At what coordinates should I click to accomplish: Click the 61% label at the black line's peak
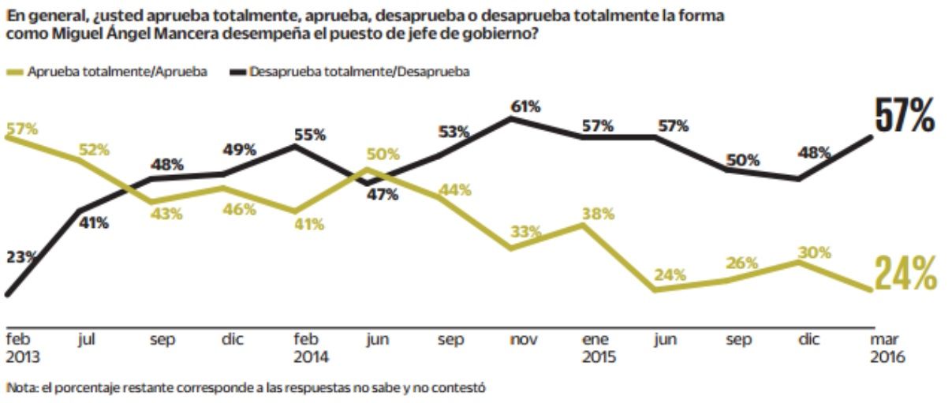[x=525, y=106]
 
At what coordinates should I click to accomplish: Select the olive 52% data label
[x=93, y=150]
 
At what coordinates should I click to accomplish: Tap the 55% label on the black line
[x=309, y=134]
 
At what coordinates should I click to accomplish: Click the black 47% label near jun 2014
[x=383, y=195]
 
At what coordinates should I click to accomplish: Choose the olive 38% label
[x=598, y=213]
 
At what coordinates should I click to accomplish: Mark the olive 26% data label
[x=742, y=263]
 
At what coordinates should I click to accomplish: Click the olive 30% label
[x=815, y=252]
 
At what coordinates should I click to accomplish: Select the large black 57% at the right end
[x=905, y=117]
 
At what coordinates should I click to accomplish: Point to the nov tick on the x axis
[x=524, y=340]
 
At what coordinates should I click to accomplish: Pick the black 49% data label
[x=239, y=150]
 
